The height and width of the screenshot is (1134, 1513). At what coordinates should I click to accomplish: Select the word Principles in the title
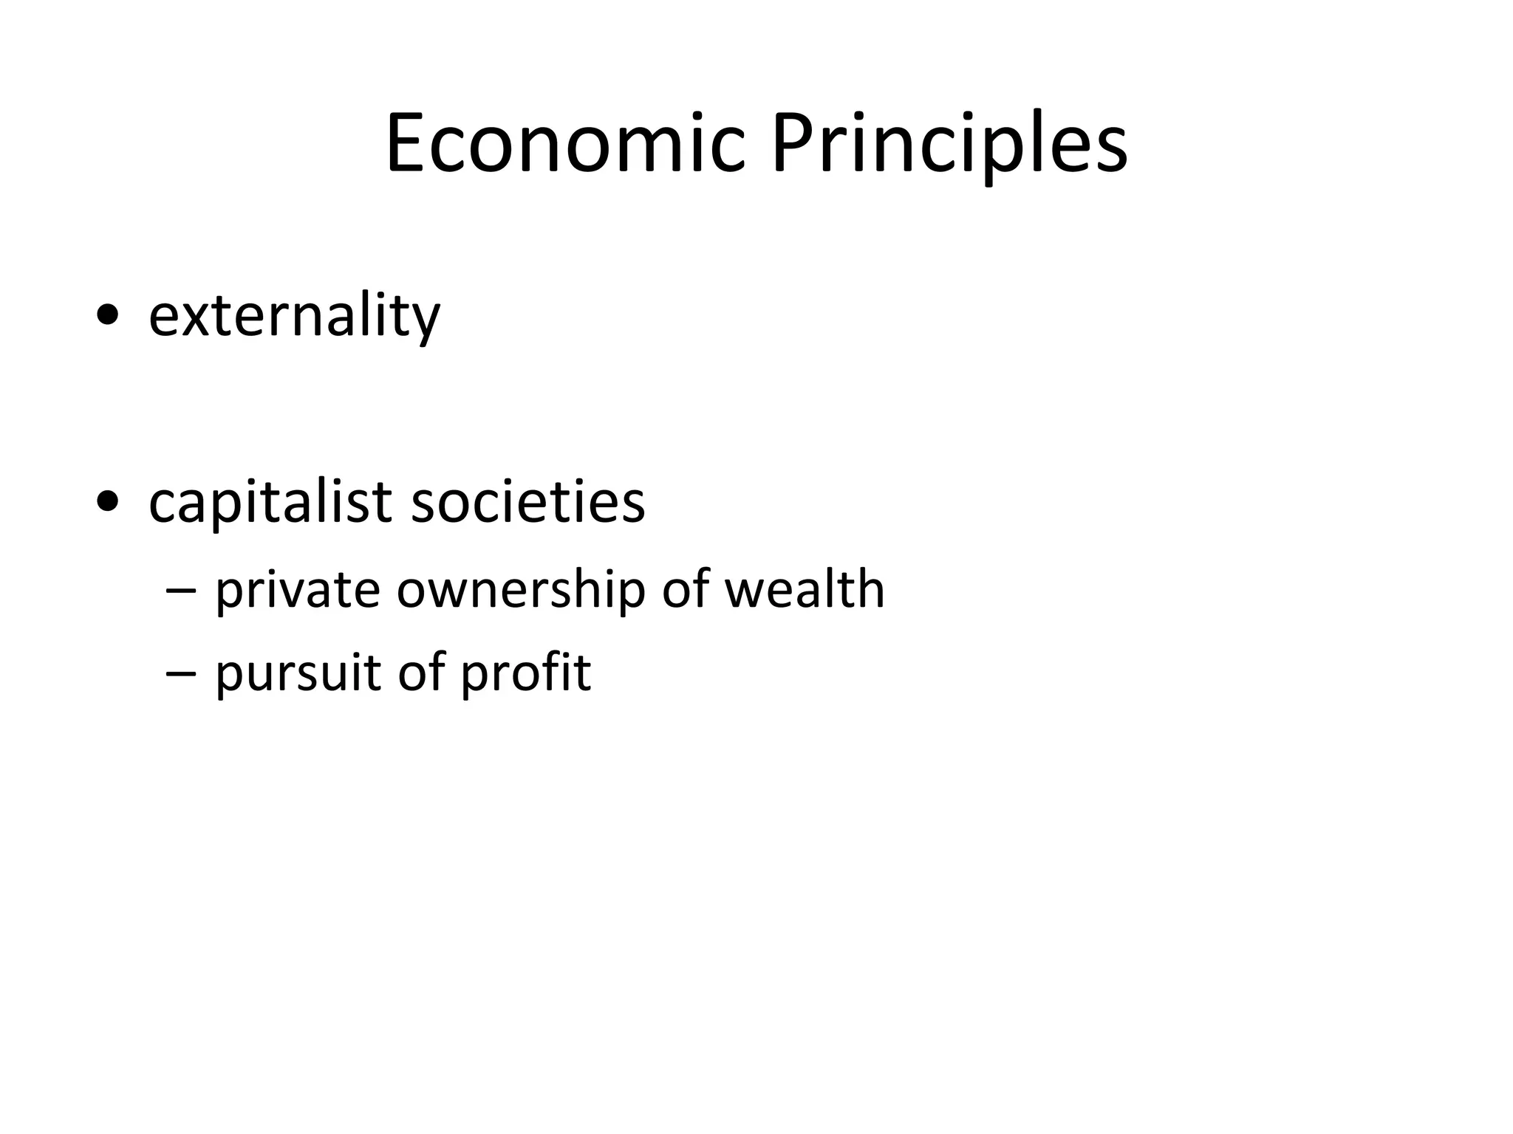coord(949,144)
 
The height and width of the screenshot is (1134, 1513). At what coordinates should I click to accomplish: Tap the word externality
coord(294,316)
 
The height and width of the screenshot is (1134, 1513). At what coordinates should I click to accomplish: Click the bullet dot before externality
coord(108,317)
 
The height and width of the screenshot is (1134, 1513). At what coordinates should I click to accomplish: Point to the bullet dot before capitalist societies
coord(108,503)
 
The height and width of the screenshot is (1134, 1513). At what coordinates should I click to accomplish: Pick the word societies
coord(527,502)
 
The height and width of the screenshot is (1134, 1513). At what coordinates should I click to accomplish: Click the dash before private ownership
coord(182,591)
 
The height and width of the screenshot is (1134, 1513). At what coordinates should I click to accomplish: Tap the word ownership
coord(522,591)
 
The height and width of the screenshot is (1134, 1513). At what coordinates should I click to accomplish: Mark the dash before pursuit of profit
coord(182,673)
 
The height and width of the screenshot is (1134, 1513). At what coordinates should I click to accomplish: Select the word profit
coord(525,673)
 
